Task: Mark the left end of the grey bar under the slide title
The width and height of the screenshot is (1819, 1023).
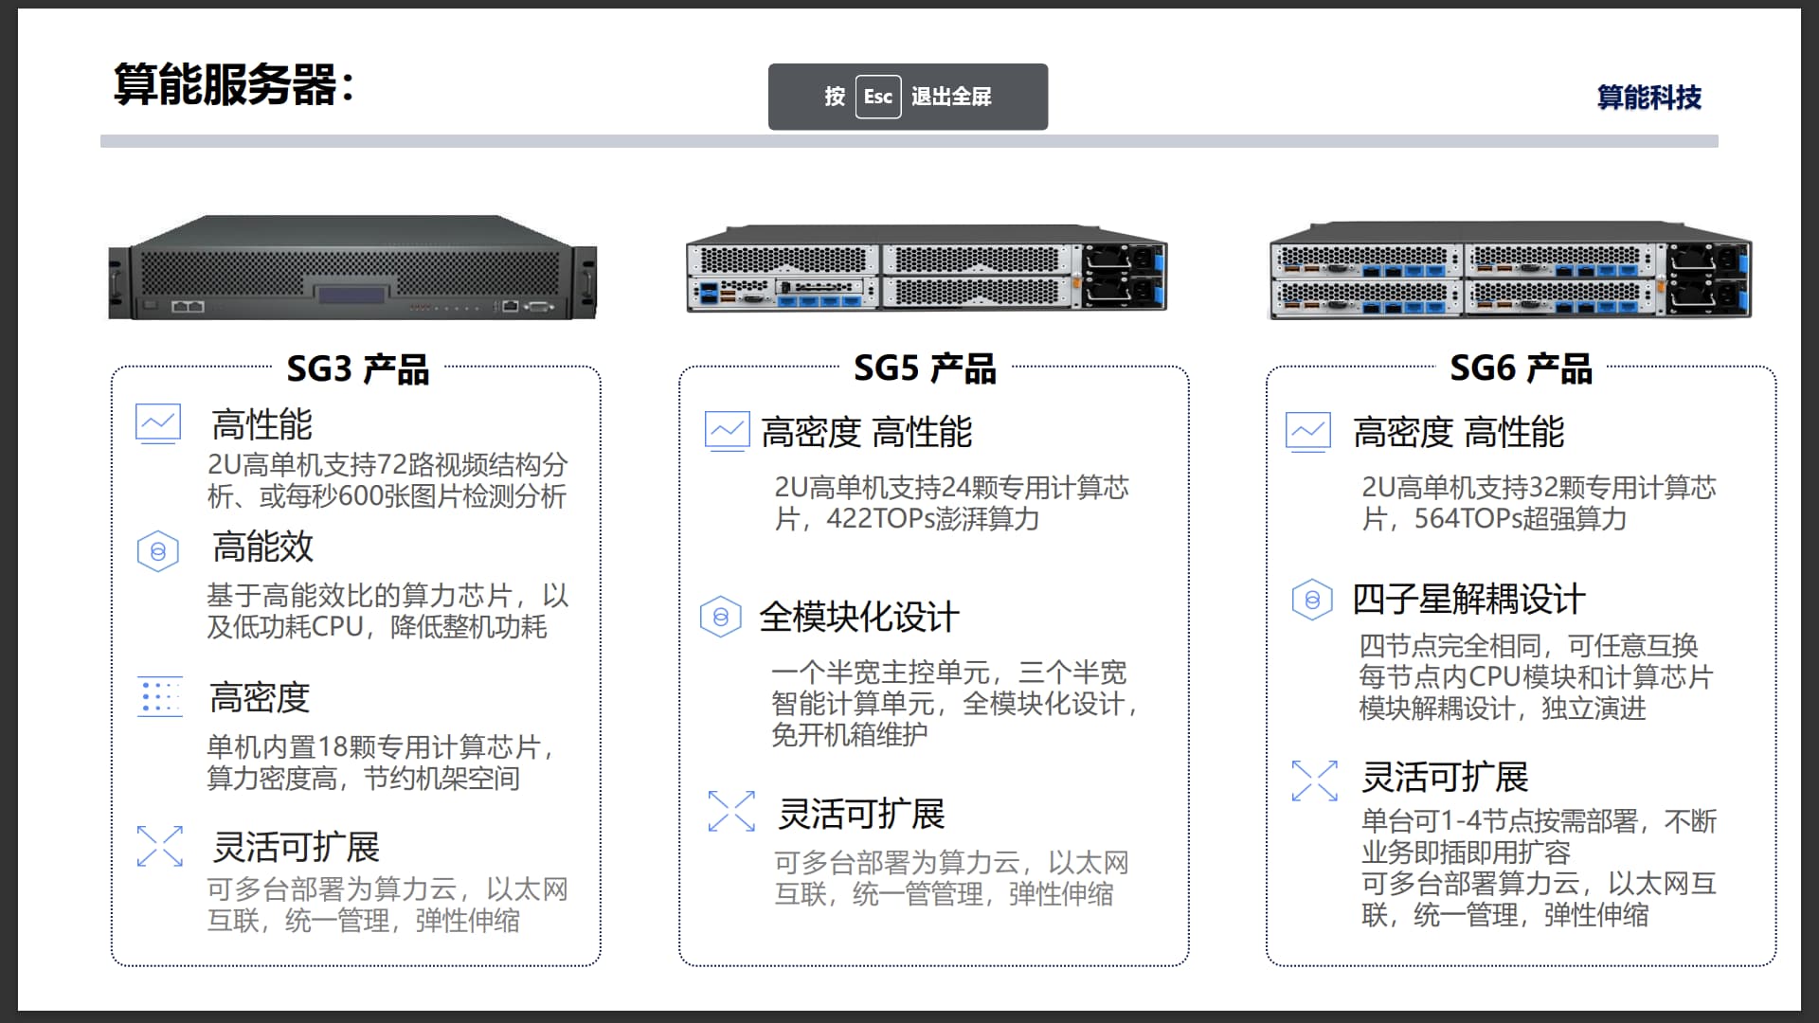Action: [101, 141]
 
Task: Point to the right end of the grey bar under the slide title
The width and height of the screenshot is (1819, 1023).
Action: [1718, 141]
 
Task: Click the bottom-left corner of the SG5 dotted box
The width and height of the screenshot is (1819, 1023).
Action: [680, 965]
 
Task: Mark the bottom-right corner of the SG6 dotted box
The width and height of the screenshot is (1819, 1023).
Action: [1775, 965]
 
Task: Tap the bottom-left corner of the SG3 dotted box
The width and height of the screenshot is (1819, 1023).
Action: [112, 965]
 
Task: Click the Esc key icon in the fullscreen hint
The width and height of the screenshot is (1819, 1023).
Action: [878, 97]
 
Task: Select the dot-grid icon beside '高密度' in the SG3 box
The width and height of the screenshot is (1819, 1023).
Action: [160, 697]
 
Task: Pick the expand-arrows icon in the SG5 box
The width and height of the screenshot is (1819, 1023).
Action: [731, 812]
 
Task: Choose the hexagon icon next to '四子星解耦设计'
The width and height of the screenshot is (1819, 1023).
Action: [1312, 600]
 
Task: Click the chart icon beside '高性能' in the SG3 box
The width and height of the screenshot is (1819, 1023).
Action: [158, 423]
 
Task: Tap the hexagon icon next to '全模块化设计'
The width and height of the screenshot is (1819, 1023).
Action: [721, 617]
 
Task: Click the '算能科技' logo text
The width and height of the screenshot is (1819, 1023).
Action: [1649, 98]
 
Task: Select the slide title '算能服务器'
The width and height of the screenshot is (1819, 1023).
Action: [225, 84]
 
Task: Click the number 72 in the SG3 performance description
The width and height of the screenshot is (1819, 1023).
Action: [391, 465]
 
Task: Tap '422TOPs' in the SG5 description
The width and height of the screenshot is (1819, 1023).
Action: [880, 519]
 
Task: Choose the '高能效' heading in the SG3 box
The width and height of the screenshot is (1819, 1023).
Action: [262, 547]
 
